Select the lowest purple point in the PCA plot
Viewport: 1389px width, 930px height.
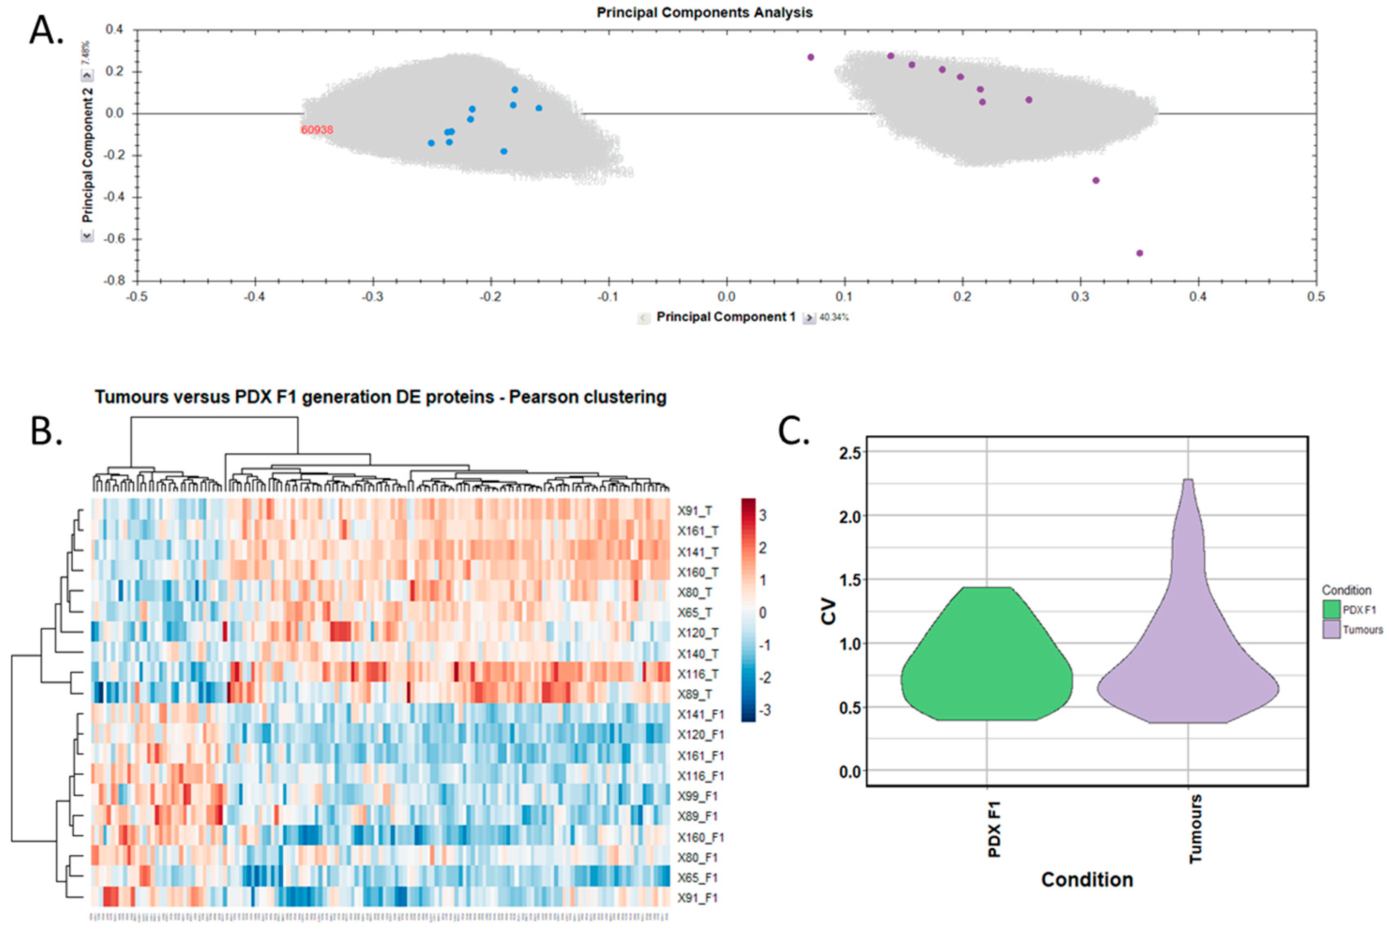click(1139, 253)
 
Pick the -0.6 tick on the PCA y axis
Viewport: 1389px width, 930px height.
click(113, 239)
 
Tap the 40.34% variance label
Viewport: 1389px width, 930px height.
click(834, 318)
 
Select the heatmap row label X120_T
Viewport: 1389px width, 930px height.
click(698, 633)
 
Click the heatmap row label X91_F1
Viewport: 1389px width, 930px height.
click(698, 898)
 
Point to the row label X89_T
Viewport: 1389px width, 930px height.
click(695, 694)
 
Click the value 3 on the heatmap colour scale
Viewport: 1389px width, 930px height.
click(763, 515)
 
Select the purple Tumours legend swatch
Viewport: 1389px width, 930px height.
click(1331, 629)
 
